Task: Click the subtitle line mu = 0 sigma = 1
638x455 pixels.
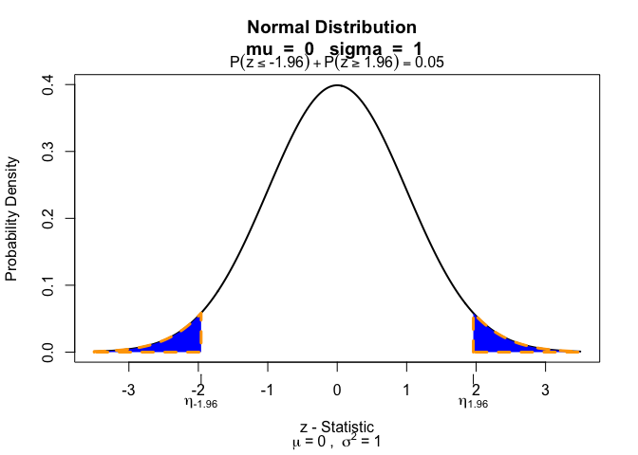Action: (337, 47)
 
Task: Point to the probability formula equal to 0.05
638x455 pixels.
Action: (337, 63)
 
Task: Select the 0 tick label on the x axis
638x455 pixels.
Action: (337, 390)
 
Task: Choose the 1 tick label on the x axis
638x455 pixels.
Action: (406, 390)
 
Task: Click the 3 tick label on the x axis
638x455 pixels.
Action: (545, 390)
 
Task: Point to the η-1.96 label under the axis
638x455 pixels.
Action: (200, 404)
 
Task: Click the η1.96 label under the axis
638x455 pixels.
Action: (473, 404)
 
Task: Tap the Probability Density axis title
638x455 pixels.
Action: (12, 219)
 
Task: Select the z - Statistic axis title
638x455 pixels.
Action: (337, 427)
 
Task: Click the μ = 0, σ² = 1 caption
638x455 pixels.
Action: (337, 441)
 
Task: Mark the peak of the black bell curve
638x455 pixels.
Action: (337, 85)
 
